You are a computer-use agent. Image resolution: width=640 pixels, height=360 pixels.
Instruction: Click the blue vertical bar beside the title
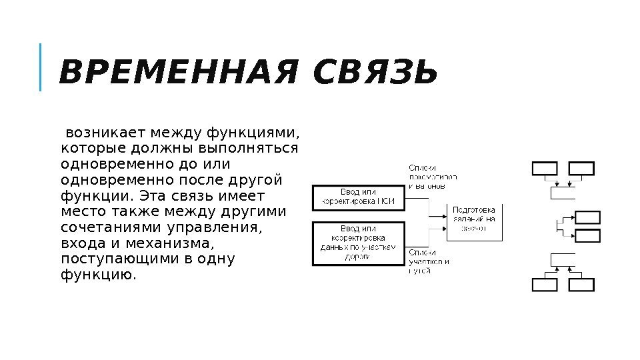tap(40, 67)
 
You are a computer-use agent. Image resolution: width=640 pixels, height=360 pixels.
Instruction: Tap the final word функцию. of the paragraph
tap(98, 275)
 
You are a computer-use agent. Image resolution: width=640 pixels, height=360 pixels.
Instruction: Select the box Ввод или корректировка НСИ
tap(359, 197)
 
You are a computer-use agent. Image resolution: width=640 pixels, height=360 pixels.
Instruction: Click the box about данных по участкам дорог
tap(359, 243)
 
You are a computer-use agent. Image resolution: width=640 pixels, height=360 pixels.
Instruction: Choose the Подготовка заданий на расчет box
tap(474, 222)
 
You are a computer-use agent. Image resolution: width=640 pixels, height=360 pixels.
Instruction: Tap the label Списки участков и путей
tap(429, 261)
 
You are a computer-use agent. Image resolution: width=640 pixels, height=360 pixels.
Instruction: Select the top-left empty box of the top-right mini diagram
tap(544, 169)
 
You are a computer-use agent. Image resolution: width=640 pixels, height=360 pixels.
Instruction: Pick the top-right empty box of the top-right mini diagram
tap(581, 169)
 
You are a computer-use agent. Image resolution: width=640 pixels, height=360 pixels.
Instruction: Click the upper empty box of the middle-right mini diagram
tap(587, 217)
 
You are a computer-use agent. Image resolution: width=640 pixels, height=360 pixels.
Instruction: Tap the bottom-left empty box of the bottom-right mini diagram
tap(544, 285)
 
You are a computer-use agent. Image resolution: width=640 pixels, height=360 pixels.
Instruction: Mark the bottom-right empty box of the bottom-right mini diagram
tap(581, 285)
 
